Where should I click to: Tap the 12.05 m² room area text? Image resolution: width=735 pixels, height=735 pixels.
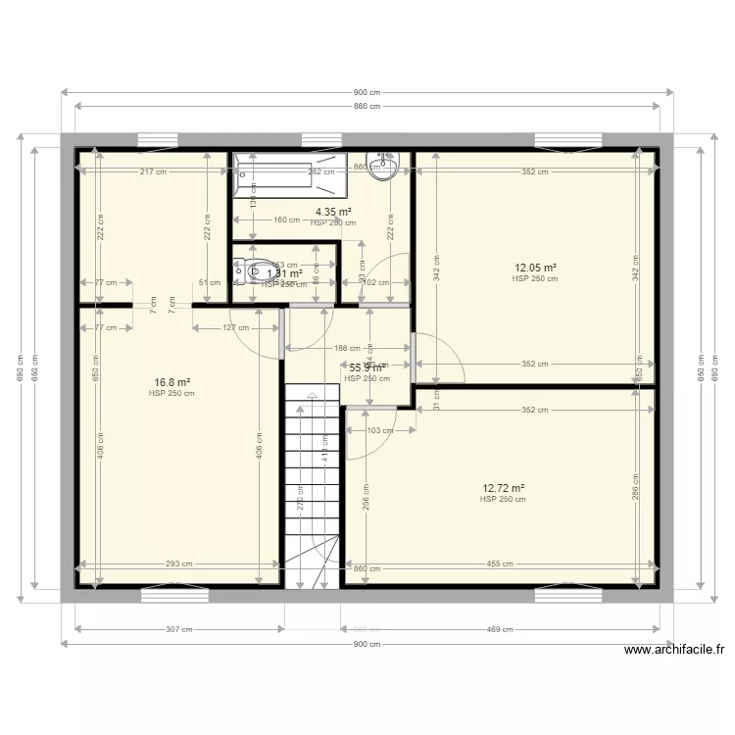click(536, 268)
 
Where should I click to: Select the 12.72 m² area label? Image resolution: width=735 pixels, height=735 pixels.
click(503, 488)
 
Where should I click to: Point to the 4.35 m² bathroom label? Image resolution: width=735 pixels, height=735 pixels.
click(333, 212)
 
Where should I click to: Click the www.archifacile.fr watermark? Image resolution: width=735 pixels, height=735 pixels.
click(673, 649)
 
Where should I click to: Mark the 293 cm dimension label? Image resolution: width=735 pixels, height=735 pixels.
click(178, 564)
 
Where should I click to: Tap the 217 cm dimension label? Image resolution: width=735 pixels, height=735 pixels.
click(153, 172)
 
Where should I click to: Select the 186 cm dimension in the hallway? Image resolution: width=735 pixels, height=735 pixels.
click(348, 349)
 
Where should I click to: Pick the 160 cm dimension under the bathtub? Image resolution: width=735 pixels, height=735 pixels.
click(286, 220)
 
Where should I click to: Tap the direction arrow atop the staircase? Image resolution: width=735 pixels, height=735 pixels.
click(311, 396)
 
